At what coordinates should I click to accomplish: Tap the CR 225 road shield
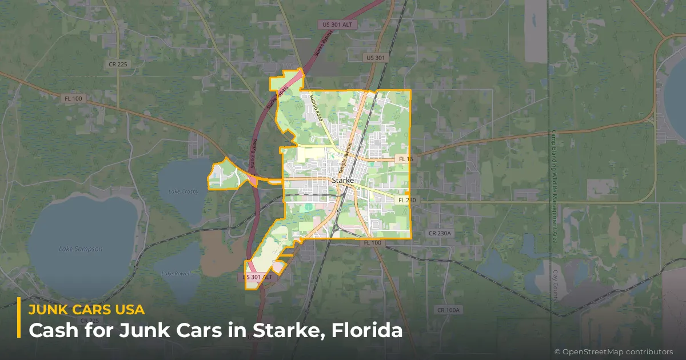[118, 65]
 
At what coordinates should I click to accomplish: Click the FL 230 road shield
[406, 200]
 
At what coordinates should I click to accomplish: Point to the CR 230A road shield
[440, 233]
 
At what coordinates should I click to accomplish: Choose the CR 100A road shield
[448, 310]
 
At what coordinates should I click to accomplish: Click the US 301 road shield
[376, 58]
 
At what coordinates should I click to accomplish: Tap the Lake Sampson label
[82, 249]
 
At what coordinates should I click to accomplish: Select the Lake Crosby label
[183, 191]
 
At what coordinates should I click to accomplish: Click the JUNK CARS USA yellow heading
[86, 310]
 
